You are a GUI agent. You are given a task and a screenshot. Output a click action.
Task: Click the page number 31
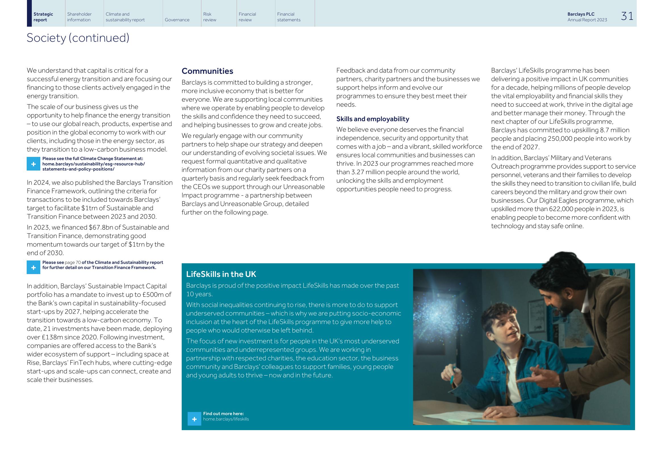tap(627, 16)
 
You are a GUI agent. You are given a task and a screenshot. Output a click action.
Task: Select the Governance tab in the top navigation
tap(177, 20)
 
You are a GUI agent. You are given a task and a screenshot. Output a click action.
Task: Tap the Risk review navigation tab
tap(210, 17)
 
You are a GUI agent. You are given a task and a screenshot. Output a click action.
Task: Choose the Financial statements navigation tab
tap(289, 17)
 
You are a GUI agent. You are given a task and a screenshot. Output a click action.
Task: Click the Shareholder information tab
tap(79, 17)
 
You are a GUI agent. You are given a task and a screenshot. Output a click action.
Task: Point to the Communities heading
tap(207, 71)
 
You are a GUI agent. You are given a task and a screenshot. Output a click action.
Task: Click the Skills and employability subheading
tap(372, 119)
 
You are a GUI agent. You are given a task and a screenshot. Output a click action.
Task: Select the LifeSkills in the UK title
tap(221, 274)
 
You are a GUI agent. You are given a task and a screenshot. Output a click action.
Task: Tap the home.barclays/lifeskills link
tap(226, 419)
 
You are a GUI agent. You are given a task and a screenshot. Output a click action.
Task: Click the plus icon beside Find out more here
tap(194, 419)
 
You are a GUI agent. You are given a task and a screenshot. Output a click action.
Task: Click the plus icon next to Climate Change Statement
tap(33, 164)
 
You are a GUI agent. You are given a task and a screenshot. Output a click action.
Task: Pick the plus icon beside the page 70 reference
tap(33, 267)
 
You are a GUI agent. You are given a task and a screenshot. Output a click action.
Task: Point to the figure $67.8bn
tap(101, 228)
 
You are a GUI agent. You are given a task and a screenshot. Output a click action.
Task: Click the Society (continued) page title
tap(78, 38)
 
